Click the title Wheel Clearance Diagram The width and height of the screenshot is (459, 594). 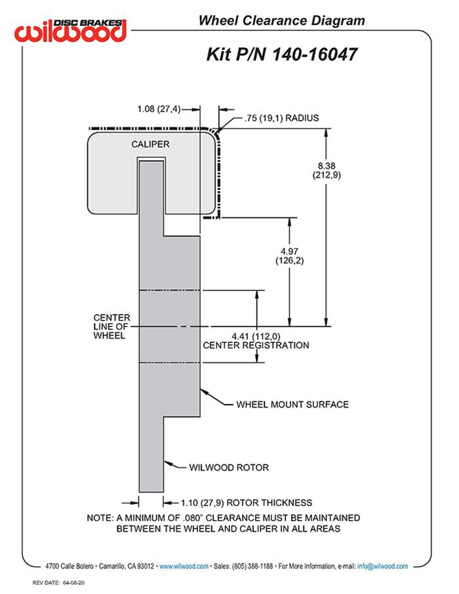click(281, 21)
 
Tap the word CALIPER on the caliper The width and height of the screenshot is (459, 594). click(151, 144)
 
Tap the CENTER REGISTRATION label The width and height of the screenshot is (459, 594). click(256, 345)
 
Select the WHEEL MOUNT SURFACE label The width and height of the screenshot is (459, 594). click(292, 404)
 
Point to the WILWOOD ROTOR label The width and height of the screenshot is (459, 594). click(229, 467)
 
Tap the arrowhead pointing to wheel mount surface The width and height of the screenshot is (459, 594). click(203, 392)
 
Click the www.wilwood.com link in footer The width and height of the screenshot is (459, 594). click(184, 566)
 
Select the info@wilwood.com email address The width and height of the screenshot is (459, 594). click(382, 566)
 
